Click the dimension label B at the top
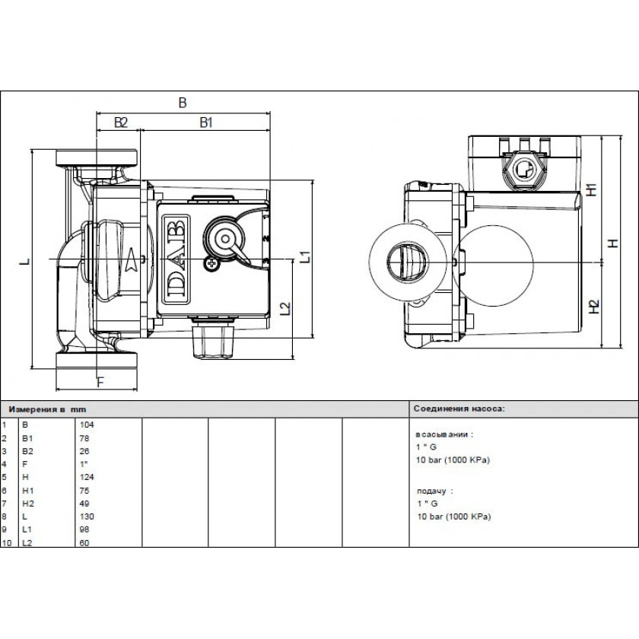tap(182, 103)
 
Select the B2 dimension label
tap(120, 122)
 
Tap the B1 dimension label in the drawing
tap(205, 122)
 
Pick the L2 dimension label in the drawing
tap(285, 309)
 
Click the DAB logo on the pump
tap(176, 259)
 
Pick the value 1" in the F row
tap(84, 463)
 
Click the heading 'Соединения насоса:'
tap(459, 409)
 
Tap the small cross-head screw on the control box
tap(210, 262)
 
